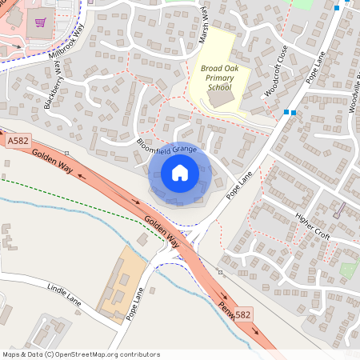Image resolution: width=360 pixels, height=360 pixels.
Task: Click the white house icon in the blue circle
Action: [180, 173]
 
